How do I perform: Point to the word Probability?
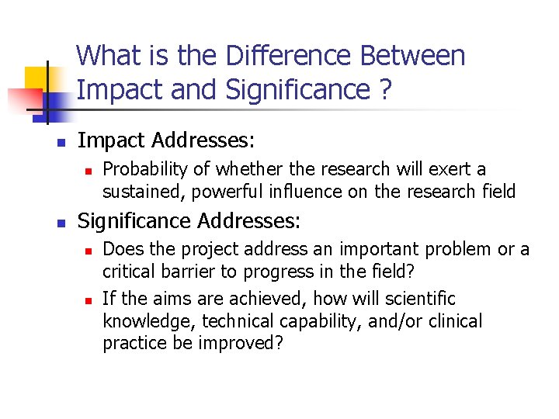(144, 170)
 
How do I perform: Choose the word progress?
(278, 272)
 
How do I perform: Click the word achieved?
(258, 300)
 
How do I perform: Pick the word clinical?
(455, 321)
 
